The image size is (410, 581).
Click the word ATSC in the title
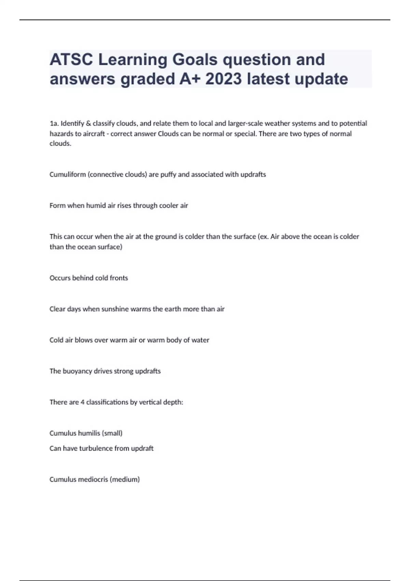[x=71, y=60]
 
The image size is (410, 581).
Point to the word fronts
[x=119, y=278]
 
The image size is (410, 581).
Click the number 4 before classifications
[x=82, y=402]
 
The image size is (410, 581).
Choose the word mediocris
[x=93, y=479]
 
